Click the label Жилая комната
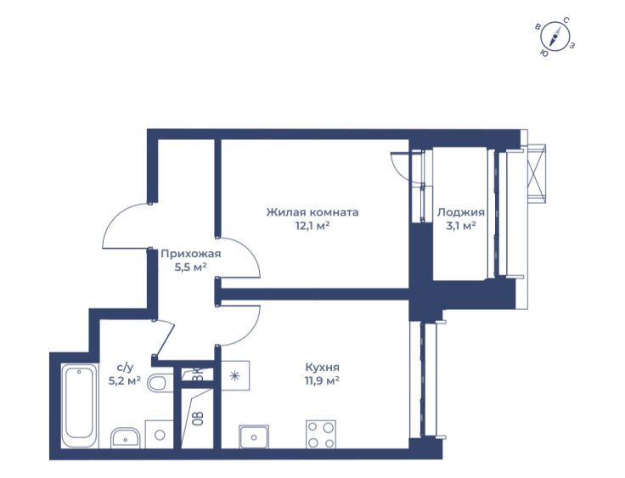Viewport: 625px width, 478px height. [x=312, y=212]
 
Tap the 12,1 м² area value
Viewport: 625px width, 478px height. [x=312, y=227]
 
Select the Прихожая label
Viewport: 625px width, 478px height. [x=190, y=254]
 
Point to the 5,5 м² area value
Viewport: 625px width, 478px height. [x=190, y=267]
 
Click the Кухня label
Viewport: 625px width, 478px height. [x=322, y=367]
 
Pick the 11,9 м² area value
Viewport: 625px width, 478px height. [x=322, y=380]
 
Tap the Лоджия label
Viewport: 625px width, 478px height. [x=461, y=212]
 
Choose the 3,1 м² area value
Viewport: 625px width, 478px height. [x=461, y=227]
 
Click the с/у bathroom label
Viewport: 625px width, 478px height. [x=124, y=367]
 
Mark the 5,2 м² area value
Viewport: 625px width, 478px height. [x=124, y=380]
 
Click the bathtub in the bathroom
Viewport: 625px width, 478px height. [x=80, y=405]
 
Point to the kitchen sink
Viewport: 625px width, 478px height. [x=254, y=436]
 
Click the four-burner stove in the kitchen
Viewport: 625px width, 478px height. [x=320, y=435]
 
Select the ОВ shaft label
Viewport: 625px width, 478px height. [x=199, y=419]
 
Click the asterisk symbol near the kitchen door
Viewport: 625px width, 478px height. [x=235, y=375]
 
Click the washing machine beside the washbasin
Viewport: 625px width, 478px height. [x=160, y=434]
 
